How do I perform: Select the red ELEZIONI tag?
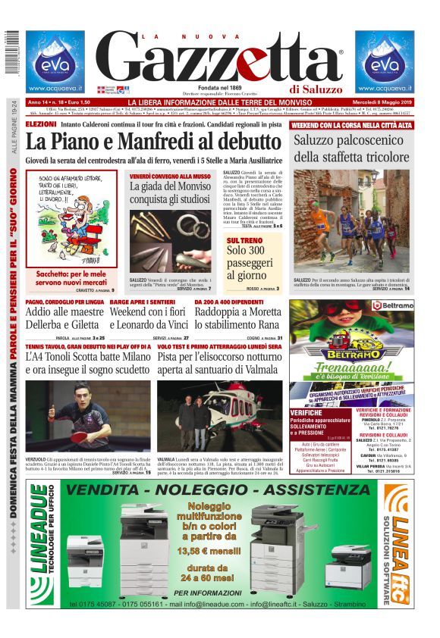tap(40, 124)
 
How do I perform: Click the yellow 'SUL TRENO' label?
tap(242, 240)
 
